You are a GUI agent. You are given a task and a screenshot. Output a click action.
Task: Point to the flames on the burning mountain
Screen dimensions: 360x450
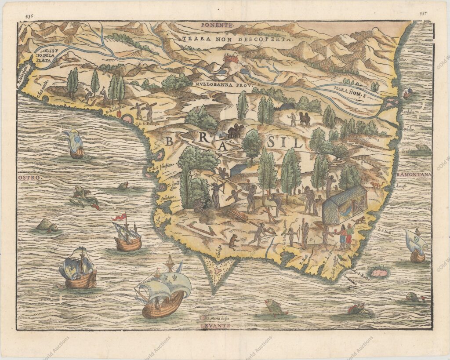[x=229, y=58]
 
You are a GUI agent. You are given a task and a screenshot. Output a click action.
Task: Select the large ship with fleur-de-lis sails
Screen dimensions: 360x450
[x=163, y=288]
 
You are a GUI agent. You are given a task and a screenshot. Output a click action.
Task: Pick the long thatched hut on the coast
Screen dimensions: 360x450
[x=345, y=204]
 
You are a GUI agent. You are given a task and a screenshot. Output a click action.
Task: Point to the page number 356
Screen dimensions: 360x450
[x=29, y=14]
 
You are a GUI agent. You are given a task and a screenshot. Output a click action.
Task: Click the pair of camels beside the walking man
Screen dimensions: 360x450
[x=304, y=118]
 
